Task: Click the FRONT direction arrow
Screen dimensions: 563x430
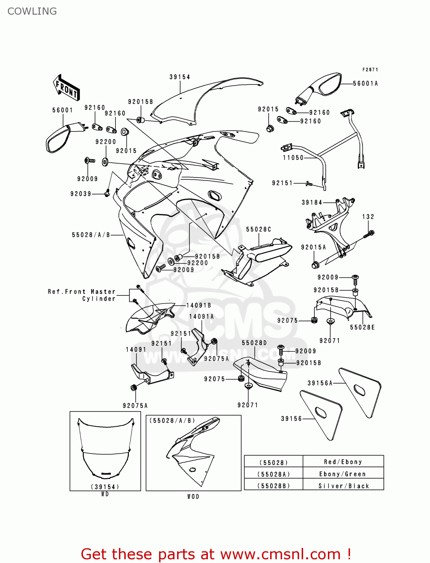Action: tap(66, 87)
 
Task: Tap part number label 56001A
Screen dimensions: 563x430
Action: tap(365, 84)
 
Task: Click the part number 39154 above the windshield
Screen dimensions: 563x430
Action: tap(180, 77)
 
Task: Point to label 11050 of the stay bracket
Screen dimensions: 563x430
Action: tap(293, 158)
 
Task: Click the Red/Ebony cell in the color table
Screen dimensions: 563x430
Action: tap(343, 462)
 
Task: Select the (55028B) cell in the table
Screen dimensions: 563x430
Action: tap(274, 486)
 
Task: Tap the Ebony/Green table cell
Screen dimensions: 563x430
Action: tap(342, 474)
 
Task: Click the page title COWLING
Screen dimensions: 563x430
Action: tap(32, 11)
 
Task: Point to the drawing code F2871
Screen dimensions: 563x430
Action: tap(370, 69)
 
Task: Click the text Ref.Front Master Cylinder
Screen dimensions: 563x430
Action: tap(82, 295)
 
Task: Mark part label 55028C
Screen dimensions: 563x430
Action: tap(258, 229)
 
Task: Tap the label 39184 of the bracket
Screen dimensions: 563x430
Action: tap(312, 202)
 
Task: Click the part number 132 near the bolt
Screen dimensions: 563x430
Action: tap(368, 217)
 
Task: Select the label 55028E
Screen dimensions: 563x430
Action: tap(362, 327)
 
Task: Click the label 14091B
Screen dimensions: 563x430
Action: tap(198, 306)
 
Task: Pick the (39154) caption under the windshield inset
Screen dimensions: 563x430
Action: tap(105, 487)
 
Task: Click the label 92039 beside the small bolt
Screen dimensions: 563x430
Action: tap(81, 194)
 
